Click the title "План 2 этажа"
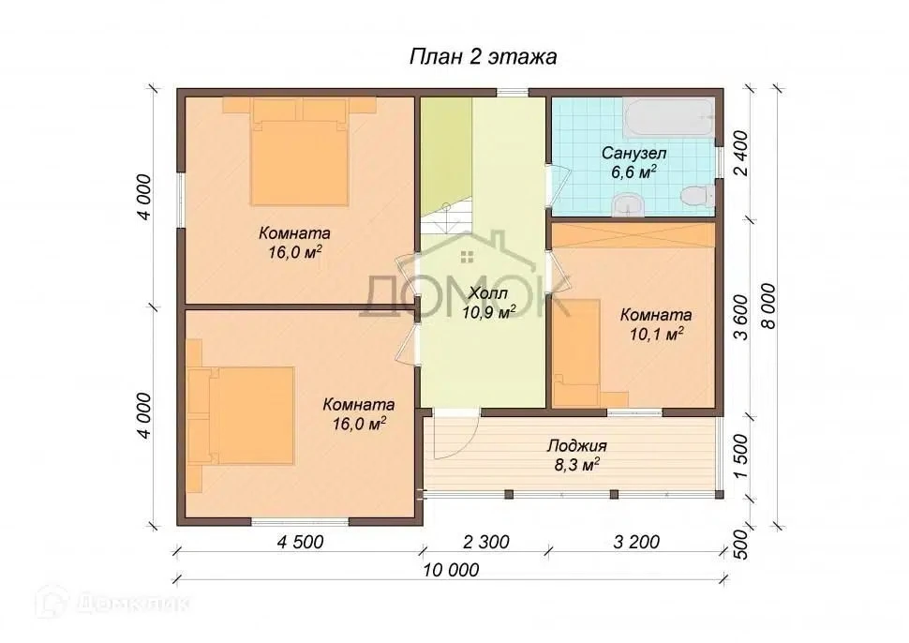[484, 57]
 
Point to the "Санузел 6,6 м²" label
[633, 163]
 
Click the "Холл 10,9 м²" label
[488, 303]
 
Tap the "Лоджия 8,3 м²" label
[577, 456]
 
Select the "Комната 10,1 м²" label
[656, 324]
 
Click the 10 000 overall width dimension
[451, 570]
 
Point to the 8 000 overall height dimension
[768, 307]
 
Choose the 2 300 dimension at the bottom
[485, 542]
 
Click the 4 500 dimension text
[300, 542]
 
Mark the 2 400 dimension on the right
[740, 154]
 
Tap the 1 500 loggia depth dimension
[740, 456]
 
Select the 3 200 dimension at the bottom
[636, 542]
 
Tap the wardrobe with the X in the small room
[633, 235]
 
